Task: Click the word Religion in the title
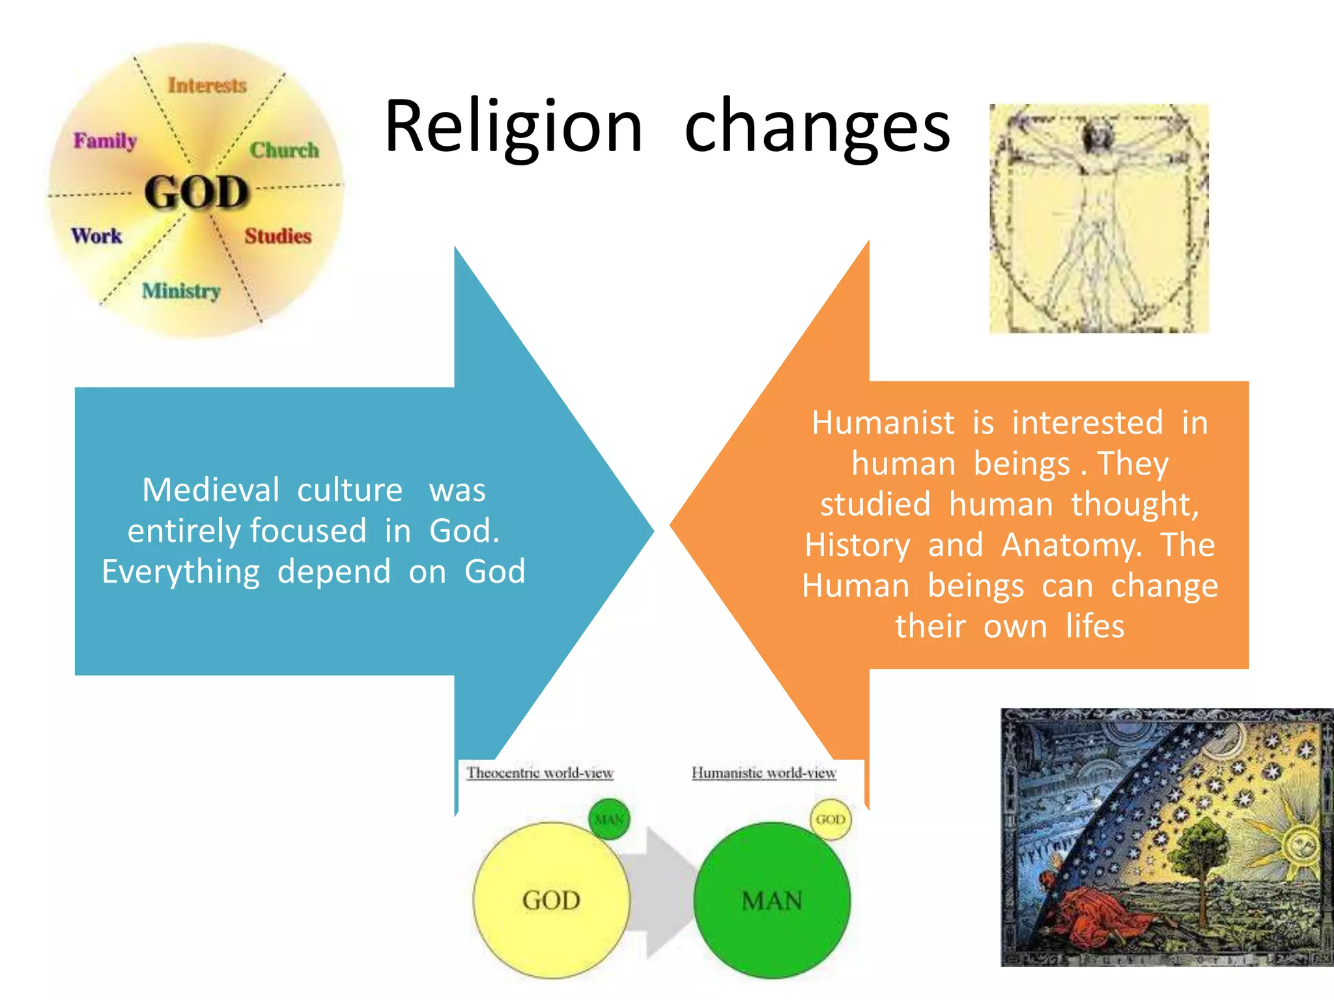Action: pos(513,127)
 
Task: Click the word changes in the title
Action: pos(817,127)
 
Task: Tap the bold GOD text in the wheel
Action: pos(197,193)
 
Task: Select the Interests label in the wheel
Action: pos(207,85)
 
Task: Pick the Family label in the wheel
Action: pos(105,141)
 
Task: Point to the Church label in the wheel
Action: pos(284,150)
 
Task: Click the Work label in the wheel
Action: pos(96,236)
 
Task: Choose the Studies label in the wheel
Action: pos(278,236)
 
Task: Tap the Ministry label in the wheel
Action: pos(181,291)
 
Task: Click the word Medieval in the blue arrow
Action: pos(211,490)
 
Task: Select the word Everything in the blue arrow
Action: pos(181,572)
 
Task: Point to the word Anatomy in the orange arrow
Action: pos(1071,545)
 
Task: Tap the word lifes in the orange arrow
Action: pos(1095,626)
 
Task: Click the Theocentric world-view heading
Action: pos(540,773)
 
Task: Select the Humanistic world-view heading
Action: pos(763,773)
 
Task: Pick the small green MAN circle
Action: pos(609,819)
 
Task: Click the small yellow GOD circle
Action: pos(830,819)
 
